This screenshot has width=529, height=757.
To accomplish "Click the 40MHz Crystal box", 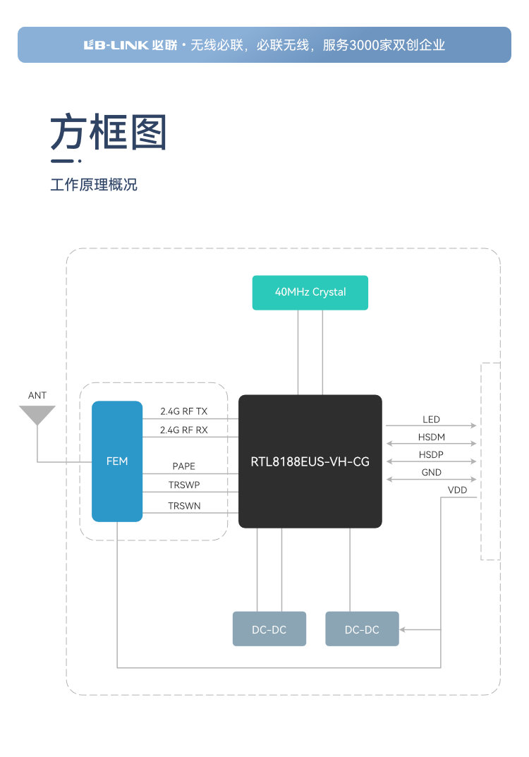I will click(310, 292).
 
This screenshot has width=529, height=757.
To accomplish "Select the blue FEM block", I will click(117, 461).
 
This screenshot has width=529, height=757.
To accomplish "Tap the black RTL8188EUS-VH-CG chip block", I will click(310, 461).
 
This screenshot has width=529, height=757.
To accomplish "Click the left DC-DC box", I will click(269, 629).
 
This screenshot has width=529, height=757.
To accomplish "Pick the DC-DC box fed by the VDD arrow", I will click(362, 629).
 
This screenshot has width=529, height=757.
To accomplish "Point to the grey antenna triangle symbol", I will click(37, 415).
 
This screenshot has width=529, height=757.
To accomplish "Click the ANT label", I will click(37, 395).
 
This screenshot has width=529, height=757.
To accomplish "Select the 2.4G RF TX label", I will click(184, 411).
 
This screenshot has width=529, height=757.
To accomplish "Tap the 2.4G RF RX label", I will click(184, 430).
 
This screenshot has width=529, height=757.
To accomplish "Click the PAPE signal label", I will click(184, 466).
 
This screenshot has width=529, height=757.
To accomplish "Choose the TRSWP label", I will click(184, 485).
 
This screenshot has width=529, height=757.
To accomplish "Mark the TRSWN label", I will click(184, 505).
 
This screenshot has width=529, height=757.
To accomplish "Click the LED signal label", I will click(432, 420).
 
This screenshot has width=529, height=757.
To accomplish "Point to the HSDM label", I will click(432, 437).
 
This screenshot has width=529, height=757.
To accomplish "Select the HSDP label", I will click(432, 454).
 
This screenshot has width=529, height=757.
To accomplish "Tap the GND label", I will click(432, 472).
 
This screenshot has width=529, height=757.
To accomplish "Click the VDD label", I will click(457, 490).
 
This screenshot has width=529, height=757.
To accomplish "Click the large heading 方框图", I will click(108, 132).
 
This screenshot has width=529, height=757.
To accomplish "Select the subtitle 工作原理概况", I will click(94, 185).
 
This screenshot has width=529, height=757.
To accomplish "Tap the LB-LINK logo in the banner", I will click(116, 45).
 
